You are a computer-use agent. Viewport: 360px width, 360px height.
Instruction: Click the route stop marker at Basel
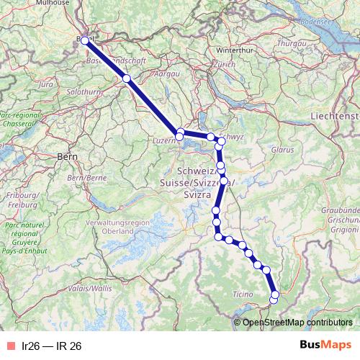tap(85, 40)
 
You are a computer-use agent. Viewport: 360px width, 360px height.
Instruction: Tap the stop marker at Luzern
tap(179, 134)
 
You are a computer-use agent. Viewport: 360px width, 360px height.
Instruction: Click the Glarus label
tap(282, 150)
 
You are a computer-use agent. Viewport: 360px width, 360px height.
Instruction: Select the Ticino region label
tap(243, 294)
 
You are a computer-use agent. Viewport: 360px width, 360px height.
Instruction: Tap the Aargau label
tap(166, 74)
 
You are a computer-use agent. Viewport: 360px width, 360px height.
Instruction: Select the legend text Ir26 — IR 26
tap(52, 346)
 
